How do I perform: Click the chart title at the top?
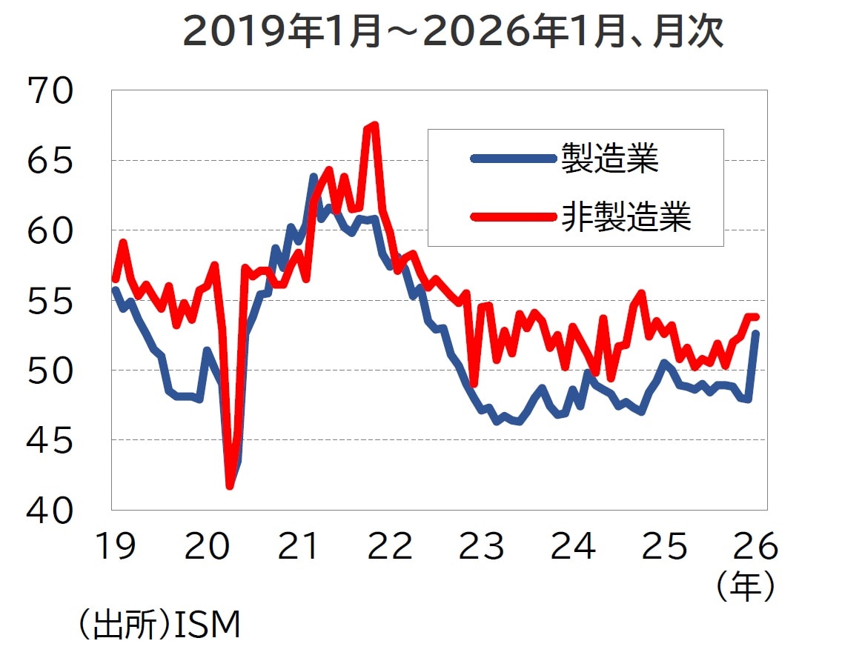click(x=452, y=33)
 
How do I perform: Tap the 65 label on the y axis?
click(x=50, y=161)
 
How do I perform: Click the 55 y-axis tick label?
click(x=50, y=301)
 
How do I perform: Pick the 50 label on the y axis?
click(x=50, y=370)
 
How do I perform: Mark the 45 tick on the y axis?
click(x=50, y=441)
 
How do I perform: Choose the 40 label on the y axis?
click(x=50, y=511)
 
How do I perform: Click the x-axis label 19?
click(x=116, y=547)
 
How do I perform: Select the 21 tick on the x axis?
click(x=299, y=547)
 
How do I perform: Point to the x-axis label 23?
click(x=482, y=547)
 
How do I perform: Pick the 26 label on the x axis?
click(x=756, y=547)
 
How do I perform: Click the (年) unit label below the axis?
click(x=746, y=587)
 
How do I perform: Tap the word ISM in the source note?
click(x=208, y=625)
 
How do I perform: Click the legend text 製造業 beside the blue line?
click(x=609, y=158)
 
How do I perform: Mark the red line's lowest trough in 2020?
click(x=230, y=486)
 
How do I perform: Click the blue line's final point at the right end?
click(x=755, y=334)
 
